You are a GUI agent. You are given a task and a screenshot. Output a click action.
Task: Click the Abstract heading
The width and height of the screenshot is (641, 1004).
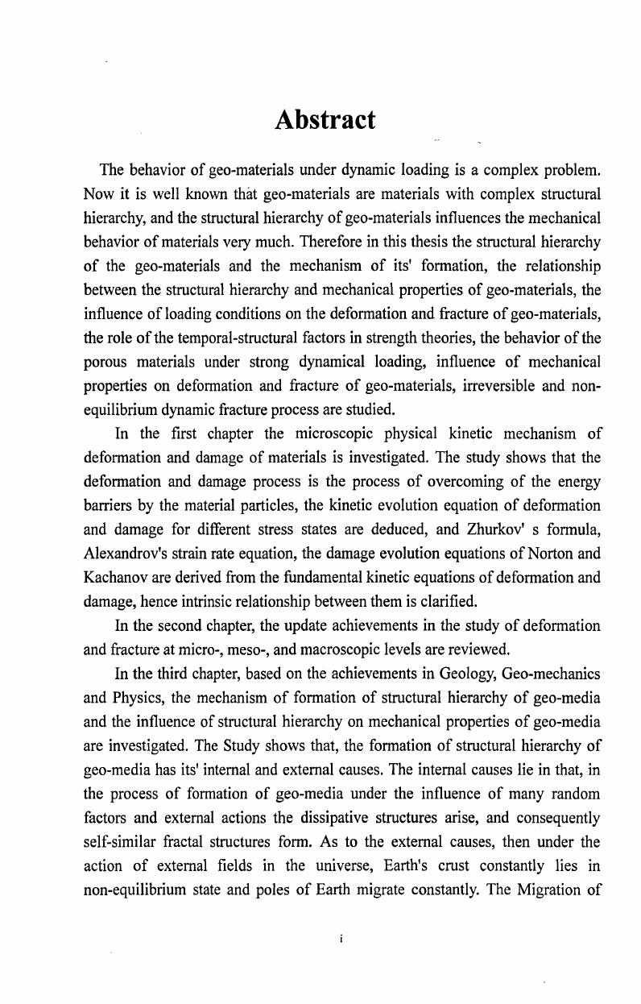click(x=325, y=120)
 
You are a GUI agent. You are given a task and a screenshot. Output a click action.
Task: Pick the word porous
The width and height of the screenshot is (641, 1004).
click(x=105, y=362)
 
